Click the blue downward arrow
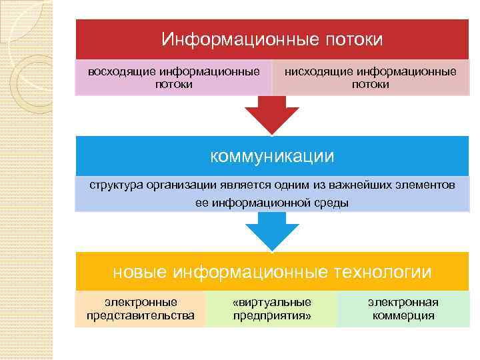coord(272,233)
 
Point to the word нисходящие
coord(319,71)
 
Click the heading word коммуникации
coord(272,156)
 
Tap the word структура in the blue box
coord(114,184)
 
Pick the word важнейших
coord(349,184)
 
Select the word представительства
coord(141,315)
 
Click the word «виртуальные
coord(272,302)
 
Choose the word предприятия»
coord(272,315)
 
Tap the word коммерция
coord(403,315)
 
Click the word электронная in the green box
coord(403,302)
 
